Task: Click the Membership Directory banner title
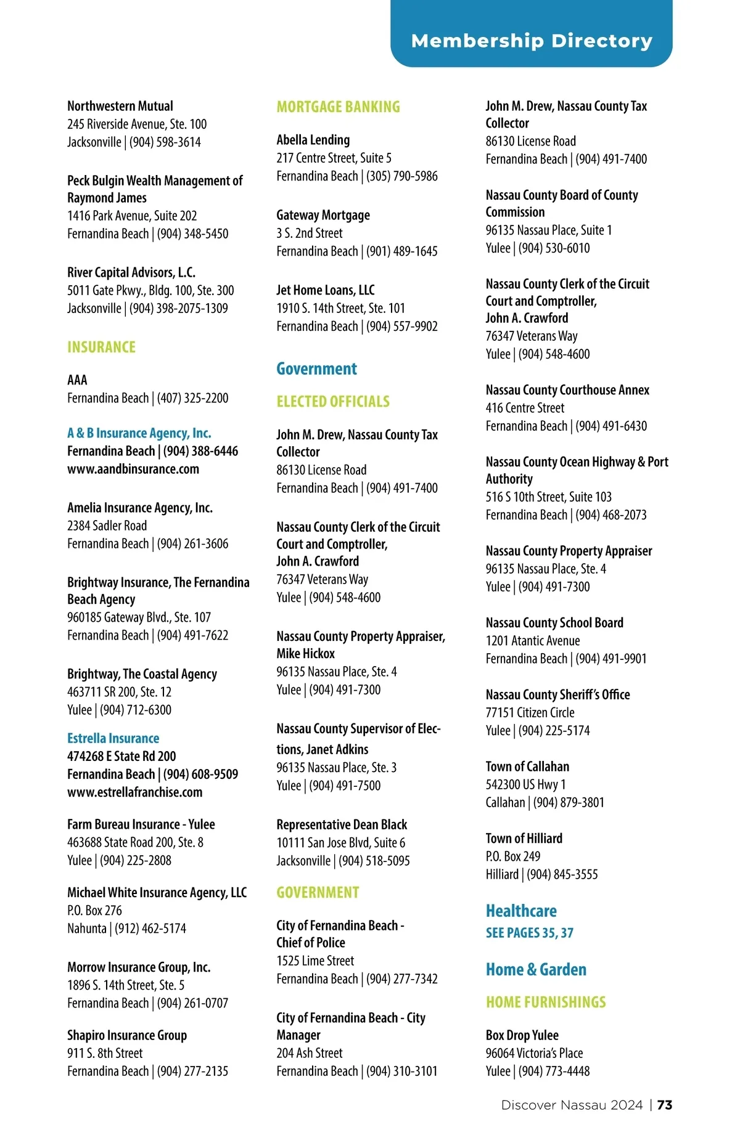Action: (532, 41)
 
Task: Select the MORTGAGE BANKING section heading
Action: (338, 107)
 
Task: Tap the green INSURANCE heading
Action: (101, 348)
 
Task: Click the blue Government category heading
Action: (316, 369)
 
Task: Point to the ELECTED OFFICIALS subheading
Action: (333, 402)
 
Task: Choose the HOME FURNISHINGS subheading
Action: (546, 1003)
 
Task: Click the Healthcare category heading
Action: (521, 911)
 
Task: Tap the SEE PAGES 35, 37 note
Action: (529, 933)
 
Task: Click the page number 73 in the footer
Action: (665, 1105)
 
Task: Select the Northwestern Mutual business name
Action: (120, 106)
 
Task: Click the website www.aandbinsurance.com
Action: (133, 469)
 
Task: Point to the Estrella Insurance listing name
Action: (113, 738)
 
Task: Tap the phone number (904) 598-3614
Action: (165, 142)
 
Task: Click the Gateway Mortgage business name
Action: (323, 215)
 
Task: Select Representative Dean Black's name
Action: (342, 824)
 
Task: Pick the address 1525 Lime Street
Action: (315, 961)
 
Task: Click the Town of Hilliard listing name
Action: (524, 839)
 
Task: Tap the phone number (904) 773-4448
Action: (554, 1072)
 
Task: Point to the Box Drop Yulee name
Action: (522, 1035)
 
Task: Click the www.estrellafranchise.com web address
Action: (134, 792)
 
